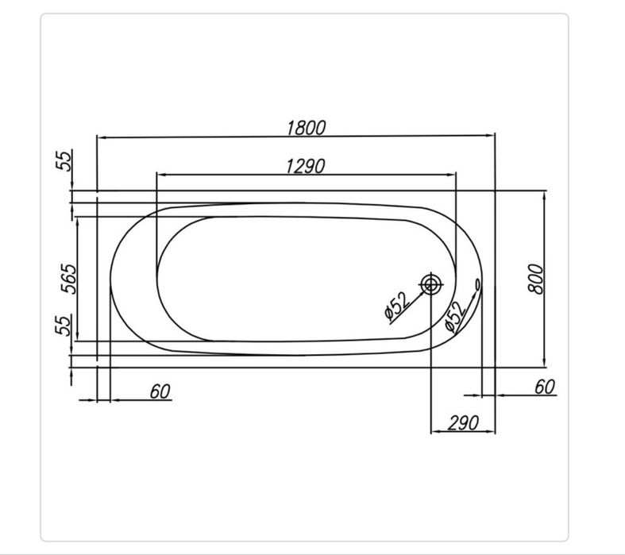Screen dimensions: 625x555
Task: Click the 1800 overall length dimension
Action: pos(306,128)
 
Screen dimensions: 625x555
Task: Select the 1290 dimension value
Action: pos(305,166)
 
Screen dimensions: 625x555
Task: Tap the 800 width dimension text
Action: pos(536,279)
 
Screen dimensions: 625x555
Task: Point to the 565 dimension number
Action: pos(68,279)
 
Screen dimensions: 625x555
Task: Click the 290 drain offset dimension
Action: pos(463,422)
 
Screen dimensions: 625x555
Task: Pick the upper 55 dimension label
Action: pos(64,160)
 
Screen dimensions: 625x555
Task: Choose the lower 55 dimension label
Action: pos(64,325)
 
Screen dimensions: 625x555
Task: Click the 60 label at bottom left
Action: pos(160,391)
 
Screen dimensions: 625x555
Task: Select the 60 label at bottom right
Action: pos(545,387)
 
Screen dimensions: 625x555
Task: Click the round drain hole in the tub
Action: pos(431,284)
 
